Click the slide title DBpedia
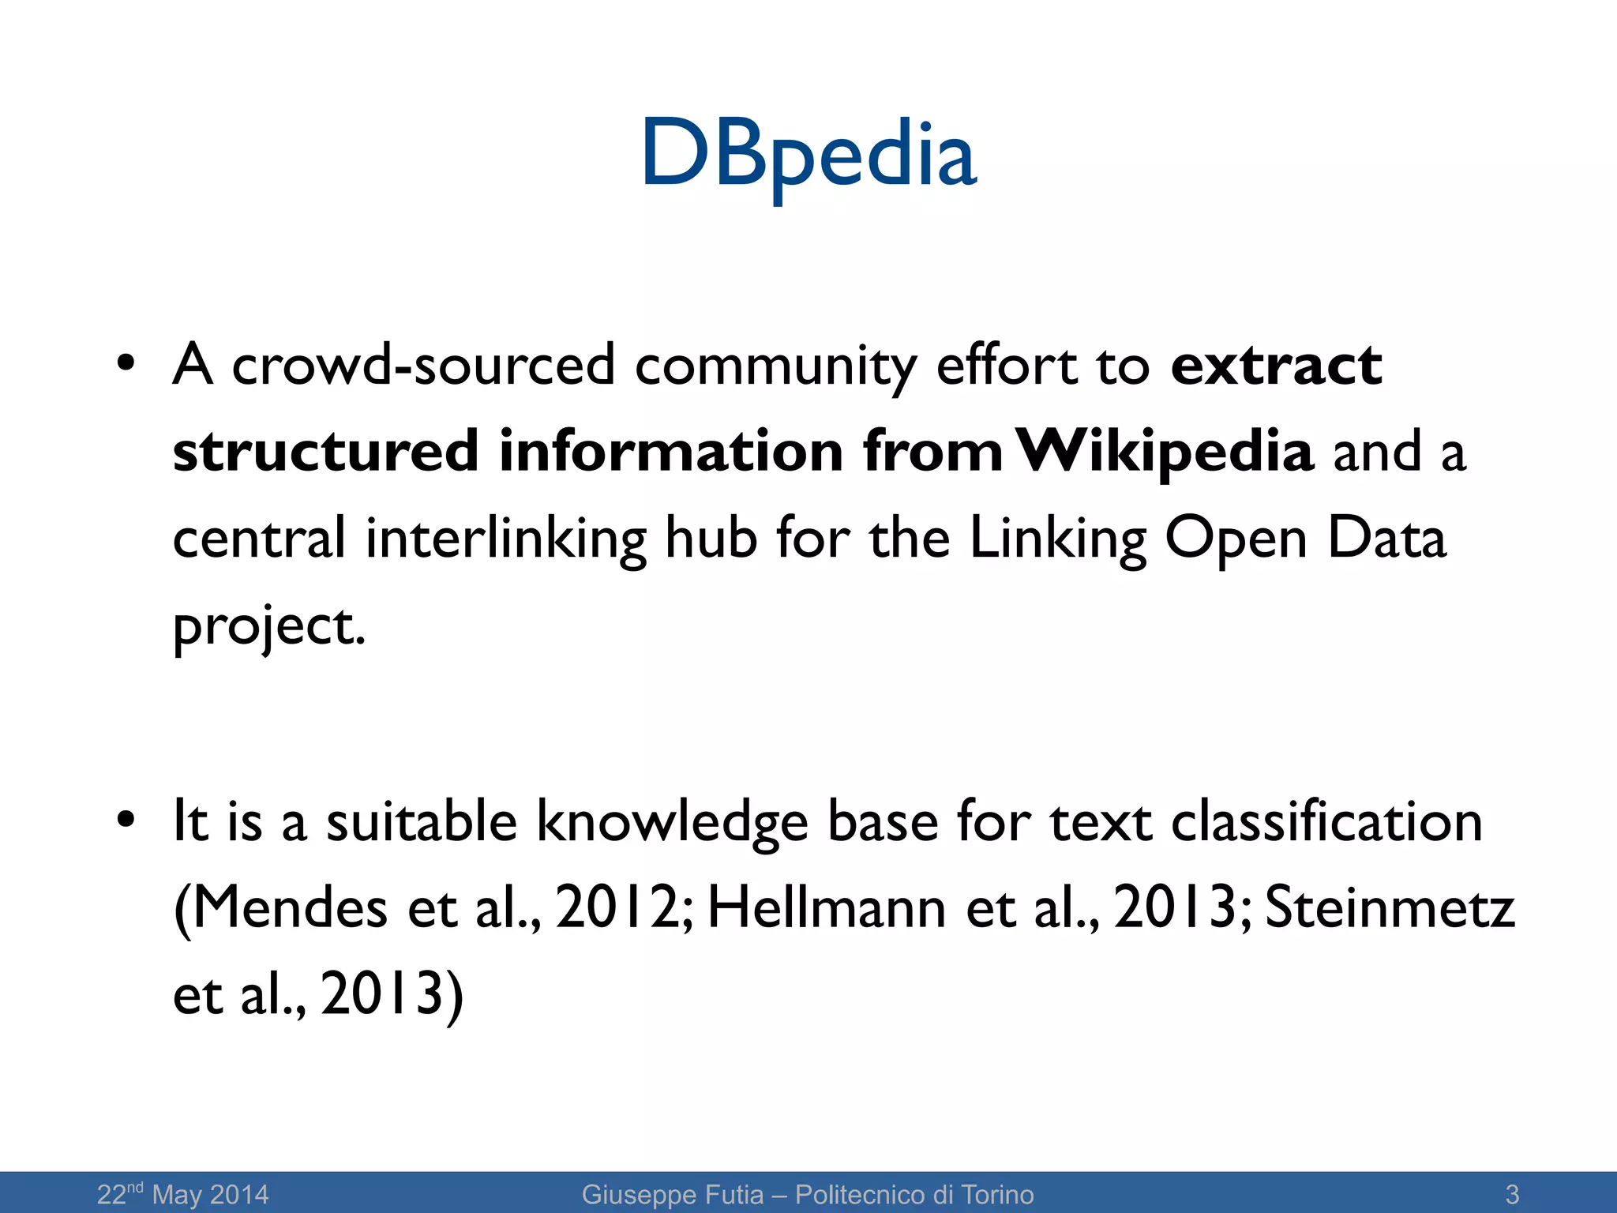click(x=808, y=154)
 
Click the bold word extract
click(x=1276, y=365)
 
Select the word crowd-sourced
click(x=423, y=365)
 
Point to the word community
click(x=775, y=366)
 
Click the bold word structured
click(x=325, y=452)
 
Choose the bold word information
click(x=671, y=452)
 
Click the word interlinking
click(x=505, y=539)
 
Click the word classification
click(x=1326, y=821)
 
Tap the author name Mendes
click(x=289, y=908)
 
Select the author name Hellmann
click(x=826, y=908)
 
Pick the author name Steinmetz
click(x=1390, y=908)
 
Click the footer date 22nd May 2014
click(x=182, y=1193)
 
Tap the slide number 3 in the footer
click(x=1512, y=1193)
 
